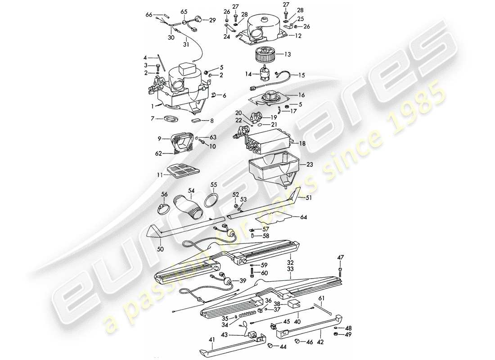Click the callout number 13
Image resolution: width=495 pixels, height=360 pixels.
coord(300,54)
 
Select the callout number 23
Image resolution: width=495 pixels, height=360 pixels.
coord(309,165)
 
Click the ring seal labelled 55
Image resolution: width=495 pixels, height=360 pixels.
coord(211,201)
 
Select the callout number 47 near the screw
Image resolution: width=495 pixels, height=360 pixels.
coord(340,257)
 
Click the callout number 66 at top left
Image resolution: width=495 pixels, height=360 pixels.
coord(149,14)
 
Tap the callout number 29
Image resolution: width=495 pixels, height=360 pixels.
coord(212,20)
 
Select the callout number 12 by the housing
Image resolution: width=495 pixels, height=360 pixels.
coord(297,35)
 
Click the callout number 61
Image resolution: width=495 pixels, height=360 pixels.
coord(321,298)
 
